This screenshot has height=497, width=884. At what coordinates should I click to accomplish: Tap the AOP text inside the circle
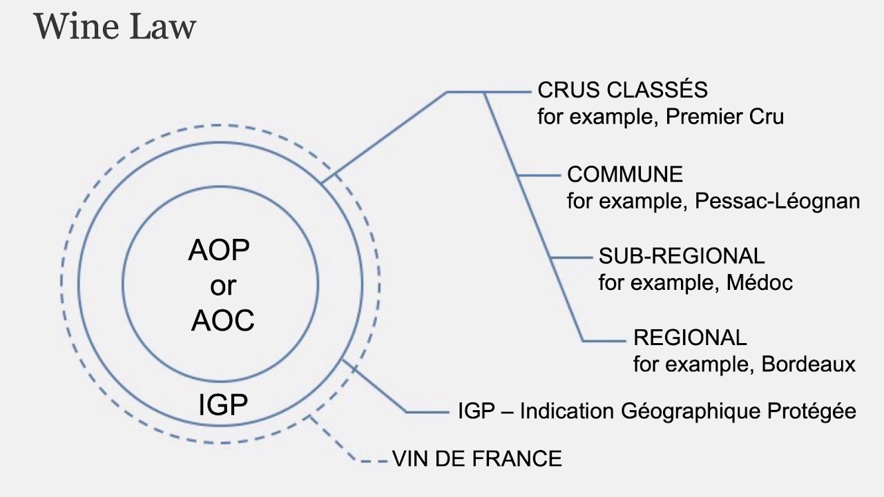[x=219, y=251]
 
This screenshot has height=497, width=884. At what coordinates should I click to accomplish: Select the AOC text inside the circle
[x=222, y=320]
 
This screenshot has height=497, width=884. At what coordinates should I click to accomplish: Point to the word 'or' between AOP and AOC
[x=222, y=285]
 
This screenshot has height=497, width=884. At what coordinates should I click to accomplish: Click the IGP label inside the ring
[x=222, y=405]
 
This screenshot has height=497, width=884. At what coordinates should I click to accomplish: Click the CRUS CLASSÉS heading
[x=622, y=90]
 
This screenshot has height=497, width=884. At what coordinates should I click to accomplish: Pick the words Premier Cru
[x=724, y=117]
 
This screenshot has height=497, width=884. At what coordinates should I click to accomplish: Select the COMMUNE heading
[x=624, y=174]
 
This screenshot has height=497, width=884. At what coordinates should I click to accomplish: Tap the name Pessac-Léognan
[x=778, y=201]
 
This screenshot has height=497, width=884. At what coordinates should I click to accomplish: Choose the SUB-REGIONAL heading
[x=682, y=256]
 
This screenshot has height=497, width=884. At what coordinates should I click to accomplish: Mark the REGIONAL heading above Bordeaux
[x=690, y=338]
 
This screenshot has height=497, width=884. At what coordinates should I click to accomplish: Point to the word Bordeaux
[x=808, y=364]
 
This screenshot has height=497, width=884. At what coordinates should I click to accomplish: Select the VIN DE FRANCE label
[x=477, y=458]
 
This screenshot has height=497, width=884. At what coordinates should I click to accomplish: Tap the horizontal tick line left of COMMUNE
[x=539, y=175]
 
